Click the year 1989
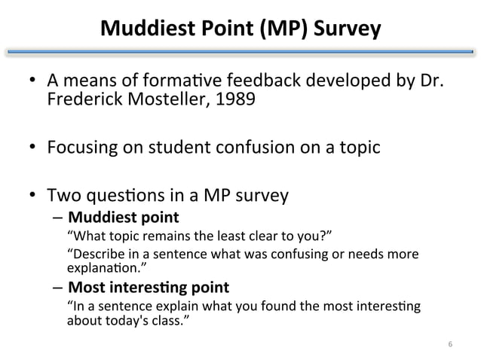coord(223,99)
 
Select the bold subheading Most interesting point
coord(149,288)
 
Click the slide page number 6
coord(449,344)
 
